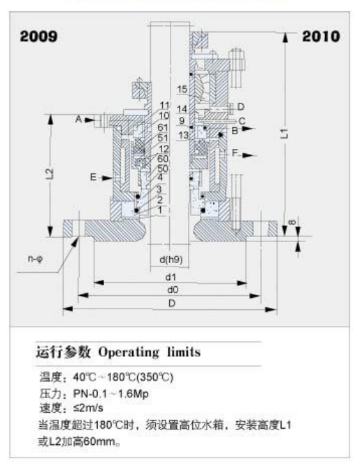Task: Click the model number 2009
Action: click(x=38, y=36)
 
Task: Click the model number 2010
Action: click(x=321, y=36)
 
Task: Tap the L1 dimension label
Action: click(x=285, y=133)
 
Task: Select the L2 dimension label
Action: click(x=50, y=173)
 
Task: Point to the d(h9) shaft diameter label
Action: click(x=171, y=260)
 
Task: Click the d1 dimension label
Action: click(x=171, y=277)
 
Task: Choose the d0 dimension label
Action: click(x=173, y=290)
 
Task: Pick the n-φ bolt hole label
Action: click(x=35, y=258)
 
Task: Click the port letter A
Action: click(x=78, y=120)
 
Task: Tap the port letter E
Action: click(x=94, y=177)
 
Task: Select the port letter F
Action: click(x=235, y=153)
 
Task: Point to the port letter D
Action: click(x=240, y=106)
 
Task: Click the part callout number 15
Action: click(x=182, y=89)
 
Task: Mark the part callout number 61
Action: click(x=163, y=127)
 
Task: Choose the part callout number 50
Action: click(x=163, y=169)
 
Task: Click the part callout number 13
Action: click(x=184, y=136)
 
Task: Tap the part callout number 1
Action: click(x=160, y=210)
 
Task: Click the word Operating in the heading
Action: click(x=129, y=353)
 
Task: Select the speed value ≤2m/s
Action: click(x=88, y=408)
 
